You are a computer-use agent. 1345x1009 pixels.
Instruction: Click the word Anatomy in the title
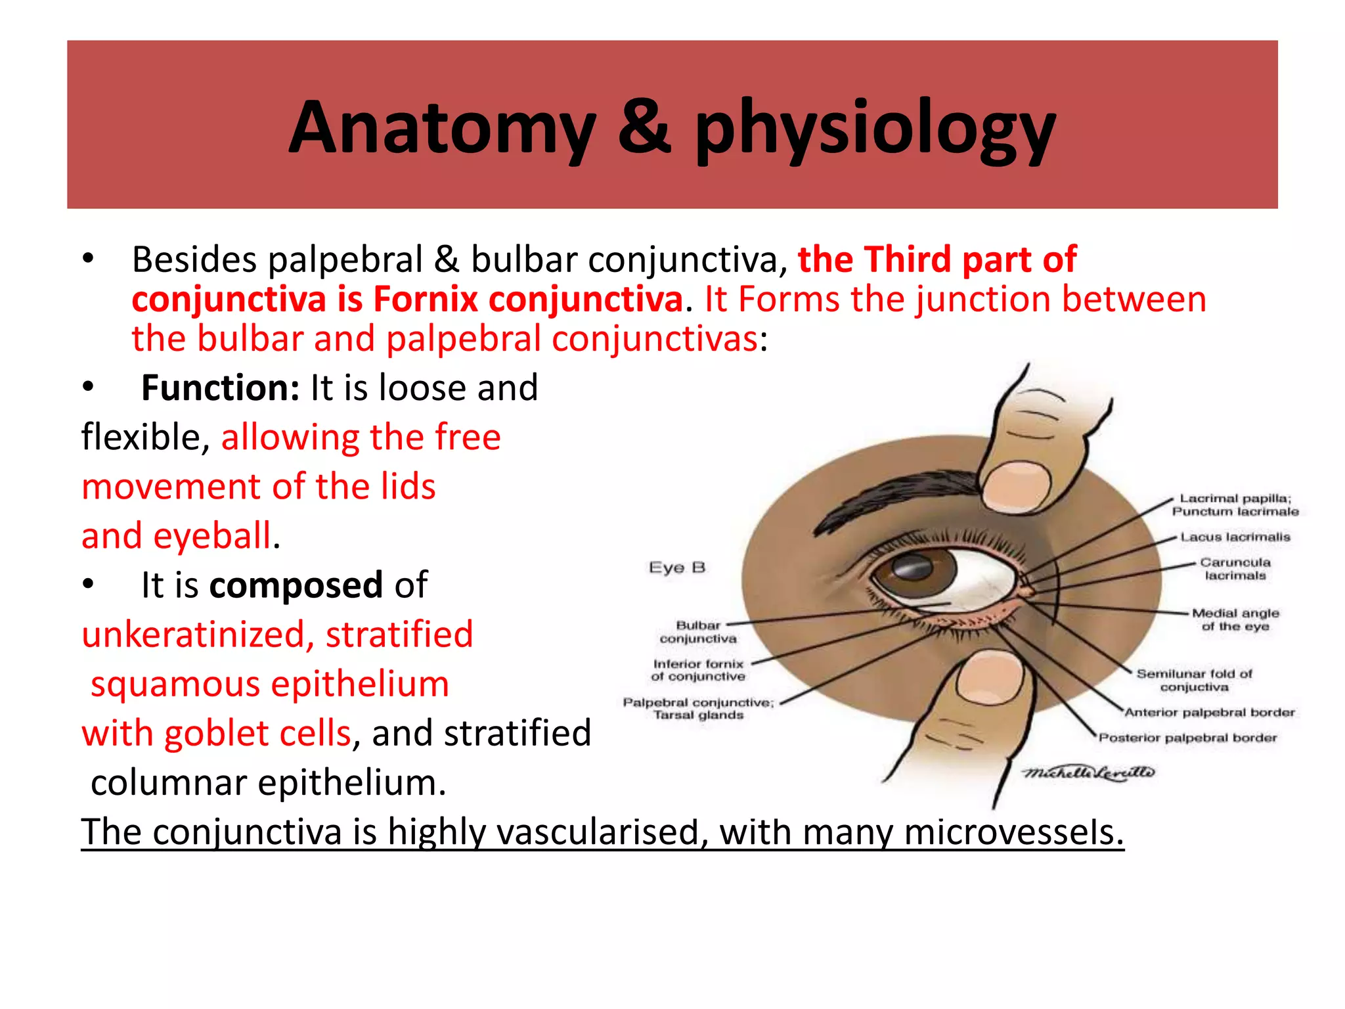click(x=441, y=128)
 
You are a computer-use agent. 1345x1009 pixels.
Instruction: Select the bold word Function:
click(x=220, y=388)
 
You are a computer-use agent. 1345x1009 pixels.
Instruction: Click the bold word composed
click(x=296, y=585)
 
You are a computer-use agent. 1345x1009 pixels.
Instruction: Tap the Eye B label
click(x=676, y=568)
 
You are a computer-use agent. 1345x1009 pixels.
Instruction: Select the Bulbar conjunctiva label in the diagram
click(x=697, y=632)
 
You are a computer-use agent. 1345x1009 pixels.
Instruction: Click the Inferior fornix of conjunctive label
click(x=698, y=670)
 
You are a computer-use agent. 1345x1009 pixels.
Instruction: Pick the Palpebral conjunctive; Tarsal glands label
click(x=698, y=709)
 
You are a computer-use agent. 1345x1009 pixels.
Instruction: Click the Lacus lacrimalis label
click(x=1235, y=537)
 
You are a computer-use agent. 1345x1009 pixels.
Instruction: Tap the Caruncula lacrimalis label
click(x=1235, y=569)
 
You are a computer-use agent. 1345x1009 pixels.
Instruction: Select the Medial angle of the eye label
click(x=1235, y=619)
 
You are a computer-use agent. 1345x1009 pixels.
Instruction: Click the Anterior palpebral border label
click(x=1209, y=713)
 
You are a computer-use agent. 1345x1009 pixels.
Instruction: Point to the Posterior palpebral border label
click(x=1187, y=738)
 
